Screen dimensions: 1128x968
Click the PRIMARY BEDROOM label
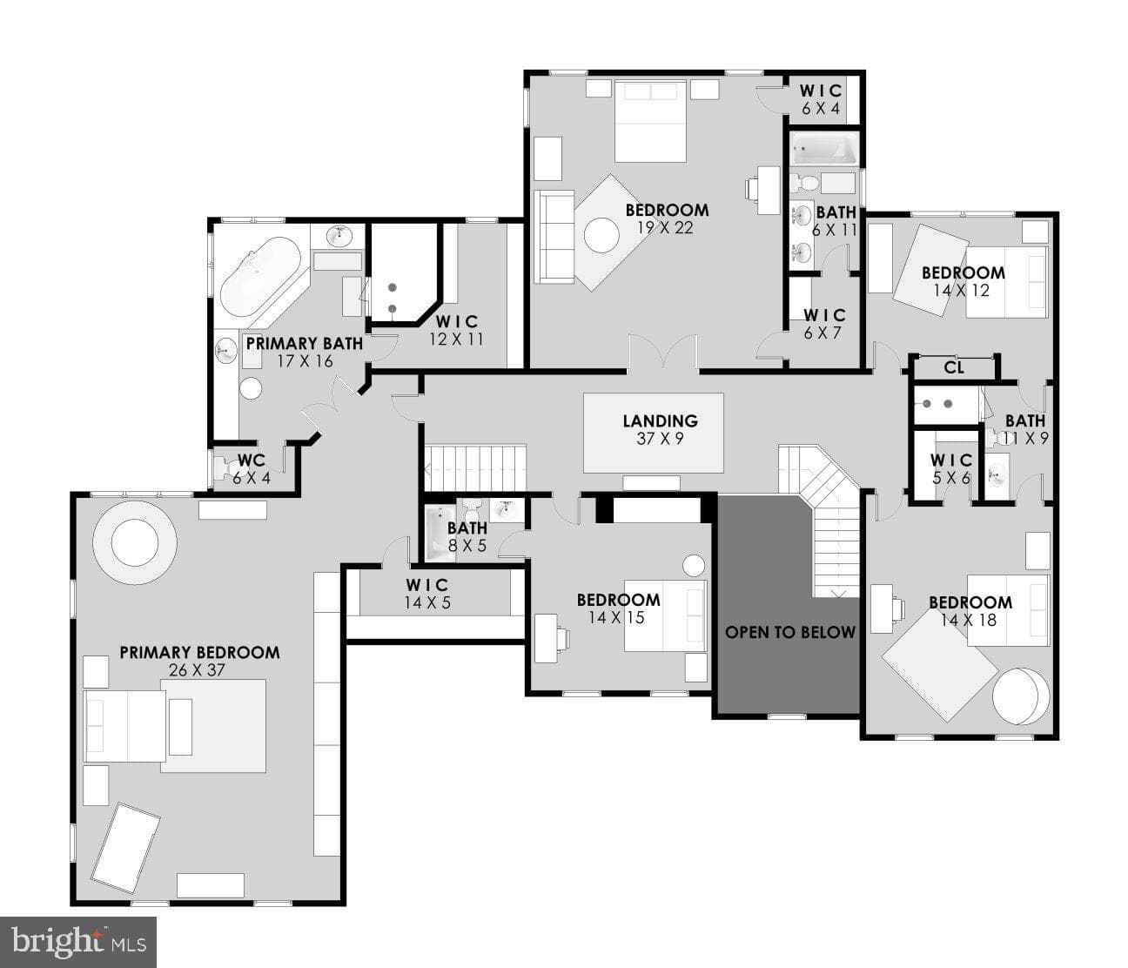(x=199, y=652)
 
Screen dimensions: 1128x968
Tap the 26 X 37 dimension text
(x=197, y=670)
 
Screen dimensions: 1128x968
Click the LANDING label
(x=661, y=421)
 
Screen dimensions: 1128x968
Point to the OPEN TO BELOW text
(x=790, y=632)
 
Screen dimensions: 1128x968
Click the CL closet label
(x=954, y=367)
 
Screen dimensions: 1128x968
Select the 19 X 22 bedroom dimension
(x=666, y=228)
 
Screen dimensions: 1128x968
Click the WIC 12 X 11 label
(x=457, y=330)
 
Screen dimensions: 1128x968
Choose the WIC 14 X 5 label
(x=427, y=594)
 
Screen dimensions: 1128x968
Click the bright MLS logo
(x=78, y=942)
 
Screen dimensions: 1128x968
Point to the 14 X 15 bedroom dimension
(x=617, y=617)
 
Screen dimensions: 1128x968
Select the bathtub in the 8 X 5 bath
(x=441, y=534)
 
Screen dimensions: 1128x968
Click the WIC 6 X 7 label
(x=824, y=324)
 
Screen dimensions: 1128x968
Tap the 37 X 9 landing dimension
(x=661, y=439)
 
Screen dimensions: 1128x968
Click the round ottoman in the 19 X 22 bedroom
(x=601, y=235)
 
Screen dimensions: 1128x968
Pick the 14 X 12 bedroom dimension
(x=962, y=291)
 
